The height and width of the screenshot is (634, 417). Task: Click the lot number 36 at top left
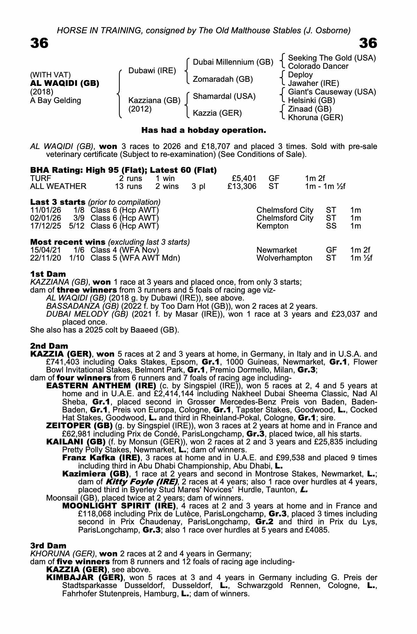pos(39,43)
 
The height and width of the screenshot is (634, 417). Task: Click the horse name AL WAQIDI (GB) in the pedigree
pos(65,83)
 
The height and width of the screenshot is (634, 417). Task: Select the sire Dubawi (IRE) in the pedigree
pos(152,71)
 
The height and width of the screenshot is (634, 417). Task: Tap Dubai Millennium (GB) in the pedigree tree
pos(233,62)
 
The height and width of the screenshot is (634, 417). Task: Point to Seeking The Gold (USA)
pos(332,58)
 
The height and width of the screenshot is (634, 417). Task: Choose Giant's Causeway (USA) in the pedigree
pos(332,92)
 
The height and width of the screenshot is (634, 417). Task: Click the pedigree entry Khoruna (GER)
pos(315,118)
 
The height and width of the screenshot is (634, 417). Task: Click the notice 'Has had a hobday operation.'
pos(204,130)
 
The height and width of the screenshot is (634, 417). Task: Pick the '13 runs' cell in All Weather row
pos(128,186)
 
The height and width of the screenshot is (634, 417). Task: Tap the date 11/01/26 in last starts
pos(46,210)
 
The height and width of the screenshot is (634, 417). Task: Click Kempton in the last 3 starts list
pos(272,226)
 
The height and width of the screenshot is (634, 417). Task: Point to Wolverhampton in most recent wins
pos(284,258)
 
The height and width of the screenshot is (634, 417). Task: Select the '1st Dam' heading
pos(48,274)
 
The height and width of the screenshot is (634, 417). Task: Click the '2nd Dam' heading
pos(49,346)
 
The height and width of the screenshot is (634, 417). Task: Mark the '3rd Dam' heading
pos(48,546)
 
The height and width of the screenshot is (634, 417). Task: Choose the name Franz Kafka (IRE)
pos(101,458)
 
